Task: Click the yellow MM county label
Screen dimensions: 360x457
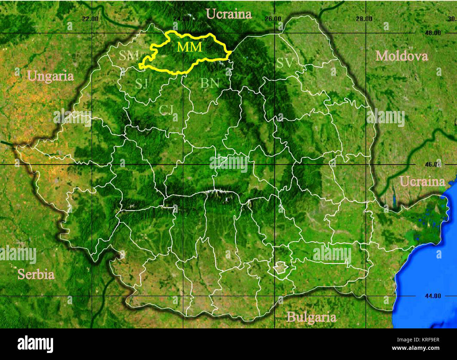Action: click(x=189, y=47)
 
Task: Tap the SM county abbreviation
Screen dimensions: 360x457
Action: click(x=129, y=55)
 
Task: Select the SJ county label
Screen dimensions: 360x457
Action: click(x=141, y=84)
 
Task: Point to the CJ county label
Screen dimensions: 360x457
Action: click(x=166, y=110)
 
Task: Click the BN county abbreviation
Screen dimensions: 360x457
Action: click(x=210, y=83)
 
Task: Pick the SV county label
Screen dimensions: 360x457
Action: click(x=285, y=63)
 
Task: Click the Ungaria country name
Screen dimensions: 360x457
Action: click(x=51, y=76)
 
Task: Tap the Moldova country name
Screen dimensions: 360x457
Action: click(x=401, y=56)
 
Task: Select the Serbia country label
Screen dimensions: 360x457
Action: click(x=36, y=274)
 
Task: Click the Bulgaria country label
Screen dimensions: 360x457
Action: click(x=311, y=317)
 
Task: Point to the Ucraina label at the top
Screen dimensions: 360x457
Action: click(x=229, y=14)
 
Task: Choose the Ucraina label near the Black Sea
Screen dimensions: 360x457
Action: click(x=422, y=182)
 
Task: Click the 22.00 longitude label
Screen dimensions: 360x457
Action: click(x=90, y=19)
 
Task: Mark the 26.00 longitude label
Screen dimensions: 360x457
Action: click(x=272, y=19)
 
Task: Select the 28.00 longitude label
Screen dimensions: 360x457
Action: click(x=364, y=19)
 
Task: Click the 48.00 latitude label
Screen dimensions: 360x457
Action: click(x=432, y=33)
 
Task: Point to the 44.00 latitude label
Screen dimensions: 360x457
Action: click(x=432, y=296)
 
